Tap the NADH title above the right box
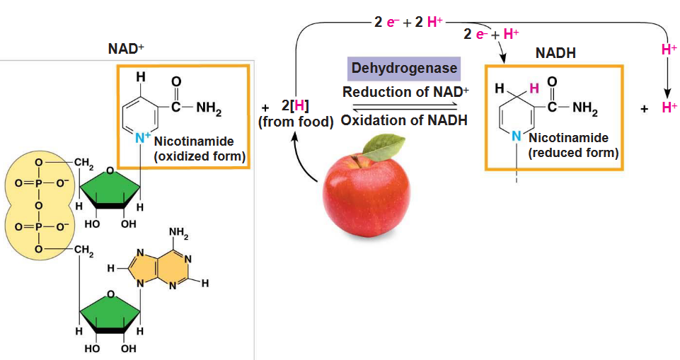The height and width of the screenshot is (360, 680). coord(556,53)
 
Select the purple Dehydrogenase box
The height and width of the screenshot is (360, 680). coord(403,69)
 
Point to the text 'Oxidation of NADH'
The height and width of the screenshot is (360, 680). coord(404,120)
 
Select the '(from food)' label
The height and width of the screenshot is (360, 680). coord(296,122)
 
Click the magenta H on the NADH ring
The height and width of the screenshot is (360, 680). coord(534,88)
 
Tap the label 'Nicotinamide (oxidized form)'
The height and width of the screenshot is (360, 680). coord(200,149)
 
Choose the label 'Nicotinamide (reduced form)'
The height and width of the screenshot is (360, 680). coord(573,145)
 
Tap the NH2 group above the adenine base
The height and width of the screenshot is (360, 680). coord(179,232)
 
